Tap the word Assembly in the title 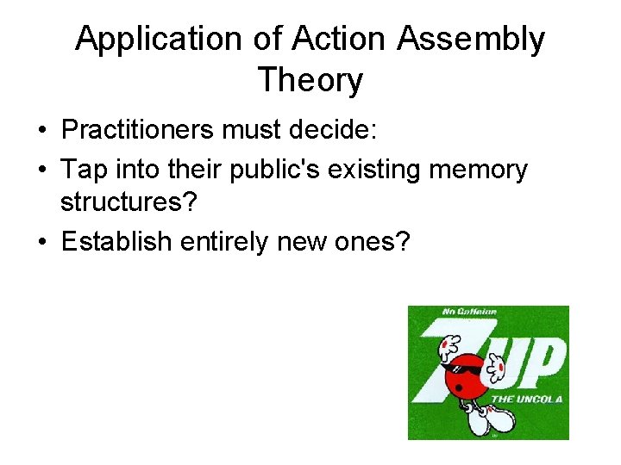[x=469, y=40]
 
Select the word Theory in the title [x=310, y=81]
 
